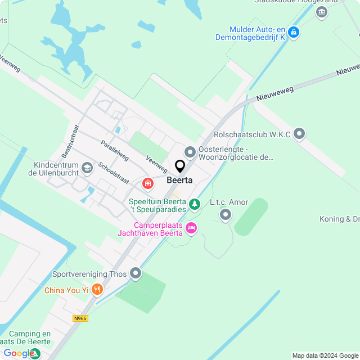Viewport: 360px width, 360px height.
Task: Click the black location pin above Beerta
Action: click(x=180, y=166)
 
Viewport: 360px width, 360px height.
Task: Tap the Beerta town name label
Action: click(x=180, y=181)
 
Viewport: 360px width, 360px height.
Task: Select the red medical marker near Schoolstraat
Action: click(x=148, y=183)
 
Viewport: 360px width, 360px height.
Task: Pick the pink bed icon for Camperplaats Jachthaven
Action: click(x=191, y=228)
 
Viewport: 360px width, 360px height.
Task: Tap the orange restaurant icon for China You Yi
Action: click(x=97, y=290)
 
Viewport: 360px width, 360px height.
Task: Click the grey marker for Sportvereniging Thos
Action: click(x=136, y=274)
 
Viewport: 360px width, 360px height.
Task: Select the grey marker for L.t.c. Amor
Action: click(x=226, y=214)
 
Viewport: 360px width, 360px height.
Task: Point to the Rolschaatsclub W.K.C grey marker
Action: click(x=299, y=134)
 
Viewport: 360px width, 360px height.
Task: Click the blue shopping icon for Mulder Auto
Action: click(x=292, y=33)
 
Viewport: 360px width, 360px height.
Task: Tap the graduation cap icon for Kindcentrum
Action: click(x=87, y=168)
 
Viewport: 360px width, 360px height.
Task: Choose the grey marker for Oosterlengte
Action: click(x=190, y=152)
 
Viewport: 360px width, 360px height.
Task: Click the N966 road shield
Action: click(x=80, y=318)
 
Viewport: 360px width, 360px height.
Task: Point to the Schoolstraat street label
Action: click(x=114, y=174)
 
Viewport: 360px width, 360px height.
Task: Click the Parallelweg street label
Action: click(x=115, y=150)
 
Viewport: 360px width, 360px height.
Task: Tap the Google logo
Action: click(x=19, y=353)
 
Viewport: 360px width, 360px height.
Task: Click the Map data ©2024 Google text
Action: click(x=325, y=355)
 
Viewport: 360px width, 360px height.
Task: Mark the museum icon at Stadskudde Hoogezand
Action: click(x=322, y=12)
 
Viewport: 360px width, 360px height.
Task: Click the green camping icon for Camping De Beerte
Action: click(x=34, y=353)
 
